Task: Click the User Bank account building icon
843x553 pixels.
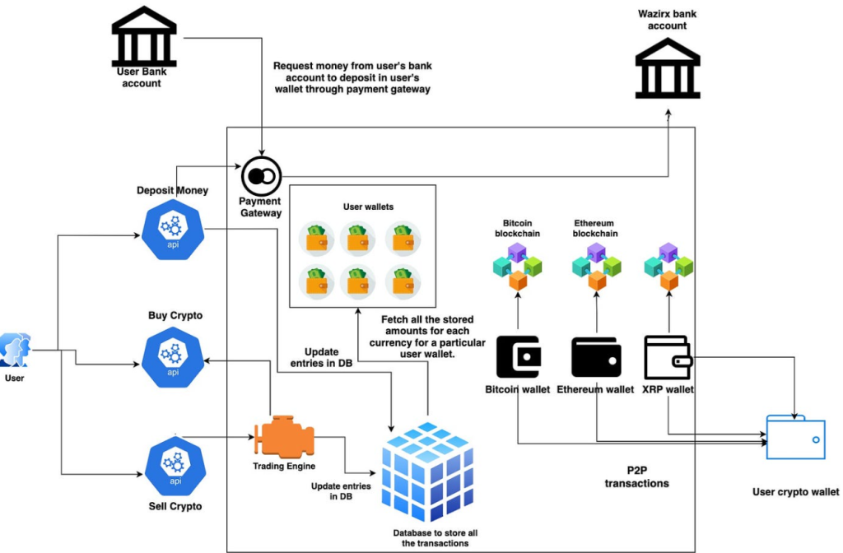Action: click(144, 36)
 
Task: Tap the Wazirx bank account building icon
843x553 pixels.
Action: click(668, 68)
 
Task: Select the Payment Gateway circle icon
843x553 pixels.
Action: click(261, 176)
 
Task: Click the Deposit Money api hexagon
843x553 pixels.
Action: click(173, 230)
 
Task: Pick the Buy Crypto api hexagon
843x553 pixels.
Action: click(173, 357)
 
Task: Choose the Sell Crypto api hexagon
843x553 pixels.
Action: click(176, 466)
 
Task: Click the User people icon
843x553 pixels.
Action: click(16, 350)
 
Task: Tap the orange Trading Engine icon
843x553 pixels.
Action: click(284, 436)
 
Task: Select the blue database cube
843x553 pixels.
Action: click(428, 472)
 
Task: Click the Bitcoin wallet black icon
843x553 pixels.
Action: click(519, 357)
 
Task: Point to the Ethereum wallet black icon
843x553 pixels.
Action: click(596, 357)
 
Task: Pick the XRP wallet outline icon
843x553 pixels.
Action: click(668, 357)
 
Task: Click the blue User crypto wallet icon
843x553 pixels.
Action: click(796, 437)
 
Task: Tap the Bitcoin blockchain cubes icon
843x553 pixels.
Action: click(517, 267)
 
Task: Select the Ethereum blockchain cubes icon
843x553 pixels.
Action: click(596, 267)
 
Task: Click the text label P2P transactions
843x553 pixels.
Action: click(636, 476)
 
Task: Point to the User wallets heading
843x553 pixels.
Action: click(368, 207)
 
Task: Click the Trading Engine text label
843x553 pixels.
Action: click(284, 466)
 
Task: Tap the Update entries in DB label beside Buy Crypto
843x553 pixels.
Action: click(322, 357)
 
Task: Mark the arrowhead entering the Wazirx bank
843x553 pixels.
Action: click(668, 113)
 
